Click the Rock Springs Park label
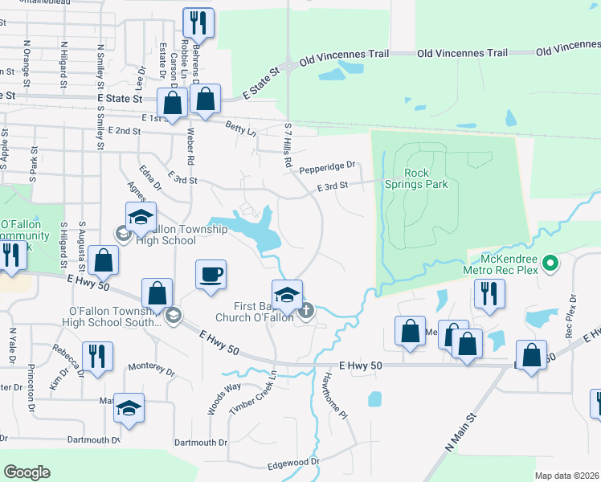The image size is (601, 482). [x=425, y=178]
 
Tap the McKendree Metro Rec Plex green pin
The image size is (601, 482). [x=550, y=262]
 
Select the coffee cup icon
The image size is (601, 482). [x=211, y=275]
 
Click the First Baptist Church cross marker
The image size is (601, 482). [x=305, y=313]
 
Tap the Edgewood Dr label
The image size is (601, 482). [x=293, y=463]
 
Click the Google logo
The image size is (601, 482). [x=27, y=472]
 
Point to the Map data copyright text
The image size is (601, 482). [x=566, y=476]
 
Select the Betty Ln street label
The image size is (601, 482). [x=240, y=129]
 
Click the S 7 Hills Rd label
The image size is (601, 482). [x=287, y=145]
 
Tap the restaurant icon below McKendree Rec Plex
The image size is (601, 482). [x=489, y=295]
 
